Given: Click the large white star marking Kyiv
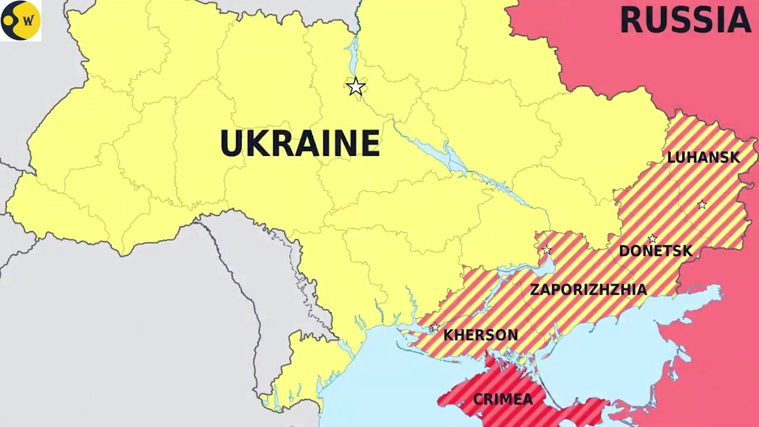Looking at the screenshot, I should [355, 87].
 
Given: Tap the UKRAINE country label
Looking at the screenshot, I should [299, 144].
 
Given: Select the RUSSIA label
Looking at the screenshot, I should [685, 20].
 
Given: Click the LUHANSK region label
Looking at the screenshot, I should [703, 158].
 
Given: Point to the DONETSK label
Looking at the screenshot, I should [655, 251].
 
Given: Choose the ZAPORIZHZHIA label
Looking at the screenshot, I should [588, 290].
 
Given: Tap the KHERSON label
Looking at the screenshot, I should [480, 335].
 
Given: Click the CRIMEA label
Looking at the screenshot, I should [503, 400].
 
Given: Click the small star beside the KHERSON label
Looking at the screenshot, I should [435, 327].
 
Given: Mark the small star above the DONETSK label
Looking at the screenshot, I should [652, 239].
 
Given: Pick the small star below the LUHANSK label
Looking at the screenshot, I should [702, 205].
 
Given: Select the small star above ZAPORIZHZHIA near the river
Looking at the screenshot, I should [547, 250].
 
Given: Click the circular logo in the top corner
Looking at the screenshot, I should [21, 20].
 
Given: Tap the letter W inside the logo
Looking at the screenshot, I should [28, 21].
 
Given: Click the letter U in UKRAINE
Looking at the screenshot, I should [231, 144].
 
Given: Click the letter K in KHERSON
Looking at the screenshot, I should [448, 335].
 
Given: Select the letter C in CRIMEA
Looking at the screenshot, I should [478, 400].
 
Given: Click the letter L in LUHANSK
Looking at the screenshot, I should [671, 158].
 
